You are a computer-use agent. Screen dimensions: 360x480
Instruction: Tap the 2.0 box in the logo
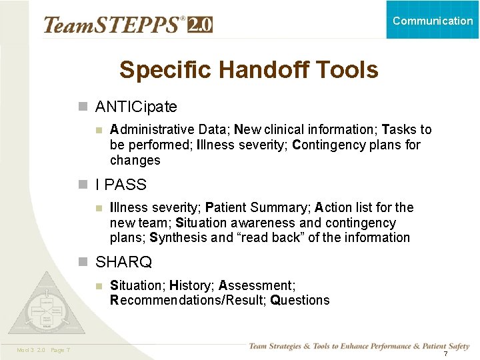click(x=200, y=25)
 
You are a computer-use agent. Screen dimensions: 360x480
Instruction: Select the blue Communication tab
click(x=433, y=20)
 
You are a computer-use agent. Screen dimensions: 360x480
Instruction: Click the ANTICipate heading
click(x=136, y=107)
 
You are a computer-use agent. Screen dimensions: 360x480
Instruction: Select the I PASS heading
click(x=121, y=184)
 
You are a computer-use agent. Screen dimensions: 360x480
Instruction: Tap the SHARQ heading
click(x=123, y=262)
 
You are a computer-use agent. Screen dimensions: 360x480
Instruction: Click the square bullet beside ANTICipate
click(x=83, y=107)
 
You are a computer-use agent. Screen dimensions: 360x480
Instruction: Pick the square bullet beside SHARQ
click(x=83, y=262)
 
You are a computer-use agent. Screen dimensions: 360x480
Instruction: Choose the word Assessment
click(x=255, y=285)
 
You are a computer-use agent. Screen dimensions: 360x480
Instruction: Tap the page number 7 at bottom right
click(x=445, y=353)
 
